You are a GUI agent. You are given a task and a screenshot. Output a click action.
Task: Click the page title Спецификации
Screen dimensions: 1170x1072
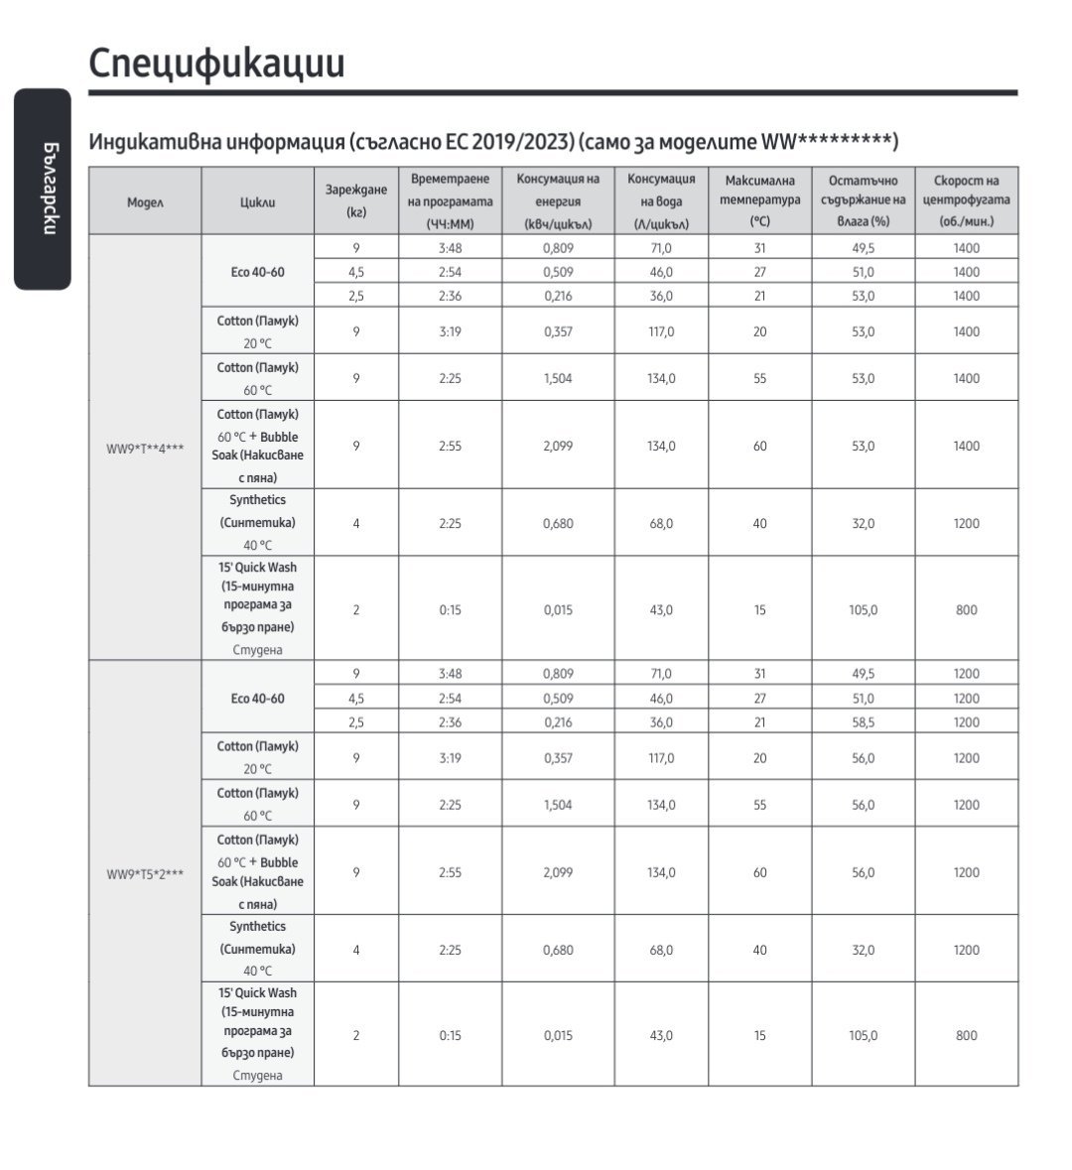(216, 63)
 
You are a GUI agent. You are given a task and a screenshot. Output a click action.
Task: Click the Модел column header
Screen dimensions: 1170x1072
(145, 201)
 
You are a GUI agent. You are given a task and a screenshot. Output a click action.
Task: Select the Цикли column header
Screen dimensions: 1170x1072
(257, 201)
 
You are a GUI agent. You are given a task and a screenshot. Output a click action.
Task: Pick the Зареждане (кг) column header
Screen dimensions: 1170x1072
(355, 201)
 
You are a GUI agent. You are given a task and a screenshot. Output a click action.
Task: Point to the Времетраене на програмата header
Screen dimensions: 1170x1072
(450, 201)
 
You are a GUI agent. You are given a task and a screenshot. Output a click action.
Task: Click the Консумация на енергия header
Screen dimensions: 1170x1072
(558, 201)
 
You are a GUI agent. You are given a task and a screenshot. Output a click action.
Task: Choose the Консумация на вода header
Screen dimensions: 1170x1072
(661, 201)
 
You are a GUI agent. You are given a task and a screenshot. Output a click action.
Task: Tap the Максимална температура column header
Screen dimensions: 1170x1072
(759, 201)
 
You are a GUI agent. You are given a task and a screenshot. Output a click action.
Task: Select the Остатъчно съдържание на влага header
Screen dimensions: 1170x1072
(863, 201)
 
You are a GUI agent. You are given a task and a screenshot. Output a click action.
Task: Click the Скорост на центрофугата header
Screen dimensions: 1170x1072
(966, 201)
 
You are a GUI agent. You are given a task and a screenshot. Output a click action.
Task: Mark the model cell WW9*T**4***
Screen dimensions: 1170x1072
(145, 449)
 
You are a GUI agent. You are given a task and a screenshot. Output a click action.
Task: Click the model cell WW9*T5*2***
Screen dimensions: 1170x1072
(145, 874)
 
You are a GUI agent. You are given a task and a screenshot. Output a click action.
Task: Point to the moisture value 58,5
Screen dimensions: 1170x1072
(863, 722)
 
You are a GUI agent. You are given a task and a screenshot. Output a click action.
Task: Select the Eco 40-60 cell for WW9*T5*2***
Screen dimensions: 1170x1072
(257, 699)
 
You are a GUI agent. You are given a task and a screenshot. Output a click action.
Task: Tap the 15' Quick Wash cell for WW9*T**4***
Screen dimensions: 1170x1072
(257, 608)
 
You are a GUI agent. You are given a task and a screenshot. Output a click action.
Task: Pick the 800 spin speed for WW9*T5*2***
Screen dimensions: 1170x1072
(966, 1035)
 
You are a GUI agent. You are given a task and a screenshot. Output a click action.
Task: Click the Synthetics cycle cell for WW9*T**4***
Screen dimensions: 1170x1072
(257, 522)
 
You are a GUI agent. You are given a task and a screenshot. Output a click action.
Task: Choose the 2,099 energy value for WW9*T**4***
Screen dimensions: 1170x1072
(558, 447)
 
